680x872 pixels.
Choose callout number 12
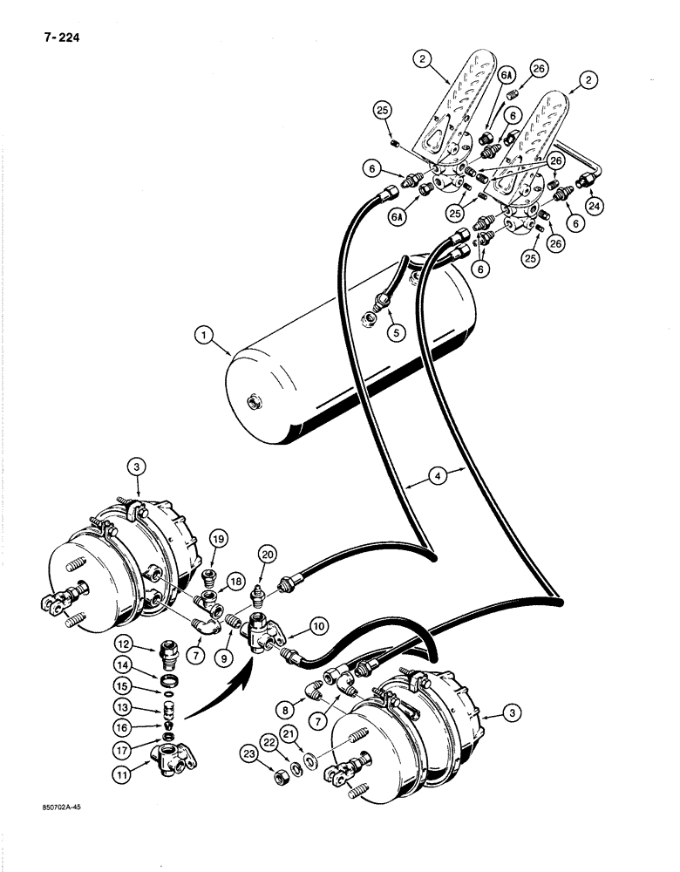click(x=121, y=645)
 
